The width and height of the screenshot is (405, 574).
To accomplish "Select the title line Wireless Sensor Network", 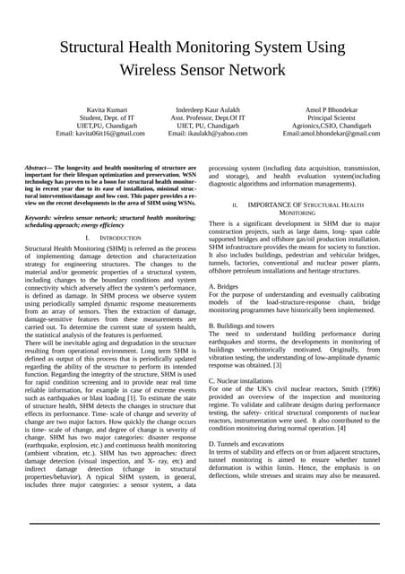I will point(202,70).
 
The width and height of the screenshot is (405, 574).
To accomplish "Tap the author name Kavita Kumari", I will point(99,108).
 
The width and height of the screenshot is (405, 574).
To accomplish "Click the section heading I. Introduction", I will point(112,238).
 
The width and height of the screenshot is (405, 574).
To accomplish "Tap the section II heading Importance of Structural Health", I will point(296,205).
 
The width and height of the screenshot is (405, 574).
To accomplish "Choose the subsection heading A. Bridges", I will point(223,286).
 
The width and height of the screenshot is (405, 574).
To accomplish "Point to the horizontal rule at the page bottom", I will point(202,548).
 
